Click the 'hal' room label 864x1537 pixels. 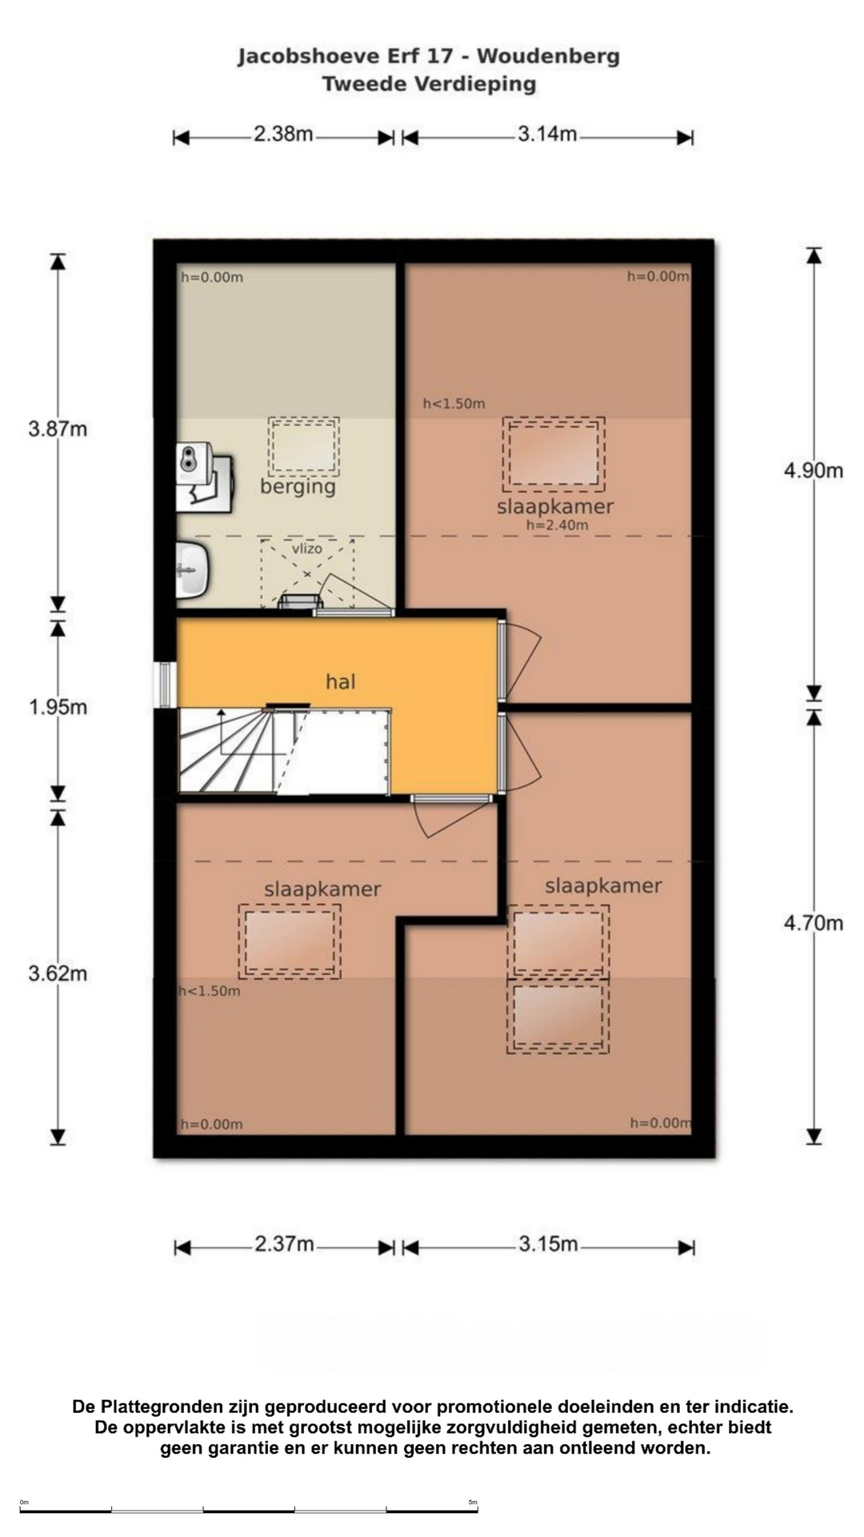click(x=340, y=682)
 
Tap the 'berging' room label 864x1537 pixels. click(x=298, y=487)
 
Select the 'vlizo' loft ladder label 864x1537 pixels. click(x=306, y=548)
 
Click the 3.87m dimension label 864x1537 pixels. click(x=58, y=429)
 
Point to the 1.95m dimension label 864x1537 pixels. click(x=58, y=708)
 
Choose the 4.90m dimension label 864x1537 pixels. click(x=814, y=471)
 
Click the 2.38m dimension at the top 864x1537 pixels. click(x=283, y=134)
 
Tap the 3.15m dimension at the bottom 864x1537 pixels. click(x=548, y=1244)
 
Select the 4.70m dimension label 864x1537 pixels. click(x=814, y=923)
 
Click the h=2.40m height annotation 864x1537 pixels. click(x=557, y=525)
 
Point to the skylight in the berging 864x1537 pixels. click(x=303, y=446)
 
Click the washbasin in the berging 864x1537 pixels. click(x=192, y=569)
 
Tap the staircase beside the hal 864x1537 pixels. click(x=283, y=752)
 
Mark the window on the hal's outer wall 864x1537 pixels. click(x=165, y=685)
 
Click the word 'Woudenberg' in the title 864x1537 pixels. click(x=548, y=57)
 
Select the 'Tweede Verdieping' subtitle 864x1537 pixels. click(x=429, y=84)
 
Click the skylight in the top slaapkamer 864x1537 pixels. click(x=554, y=454)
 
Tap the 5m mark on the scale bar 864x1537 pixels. click(x=474, y=1502)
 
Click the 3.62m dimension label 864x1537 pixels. click(x=58, y=974)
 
